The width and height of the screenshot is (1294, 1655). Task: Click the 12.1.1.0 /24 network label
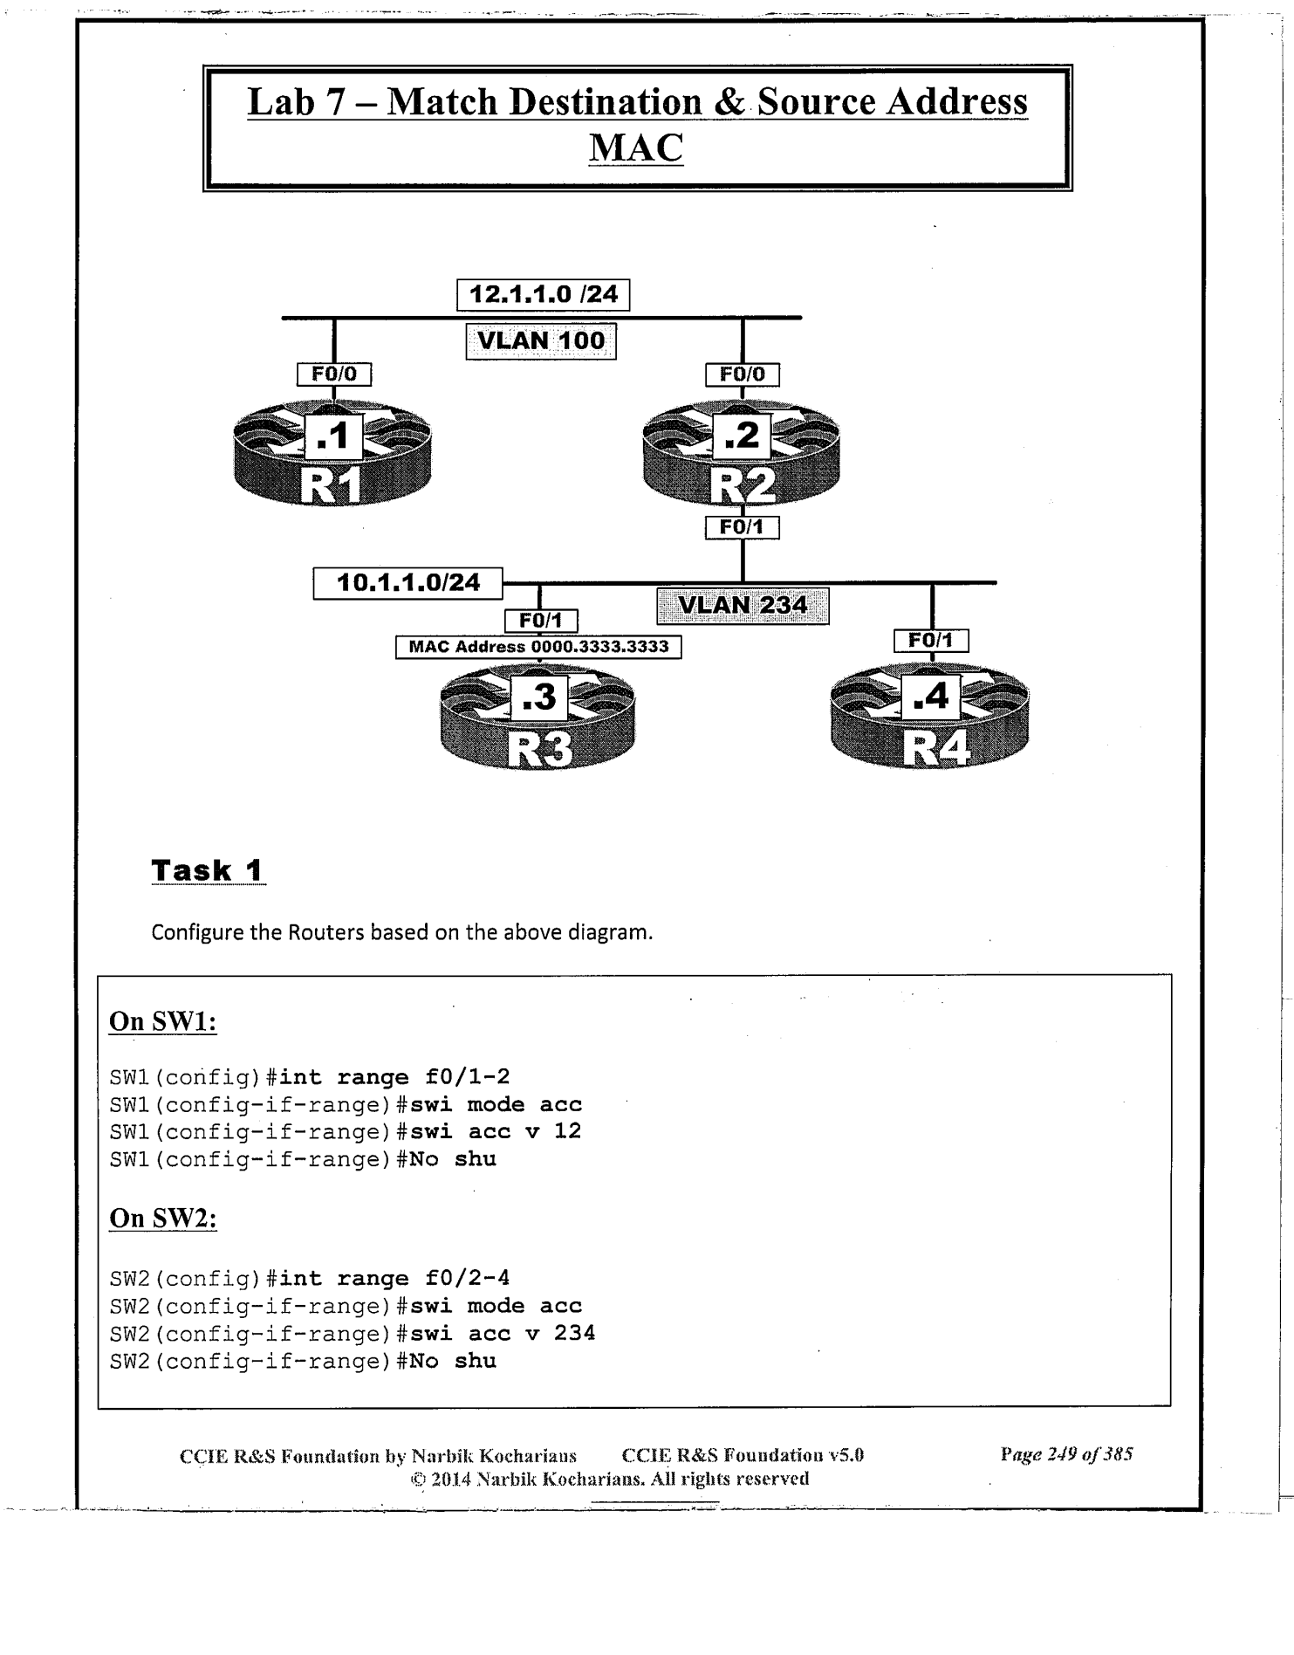(543, 295)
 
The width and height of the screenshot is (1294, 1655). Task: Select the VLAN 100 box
(541, 340)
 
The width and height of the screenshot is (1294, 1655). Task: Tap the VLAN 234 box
(742, 606)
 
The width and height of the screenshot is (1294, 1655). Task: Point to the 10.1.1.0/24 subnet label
(407, 583)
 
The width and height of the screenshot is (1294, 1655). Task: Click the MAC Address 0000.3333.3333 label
(538, 647)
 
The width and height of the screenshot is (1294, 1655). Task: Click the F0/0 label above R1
(334, 374)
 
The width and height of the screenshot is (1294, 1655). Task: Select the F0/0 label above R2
(742, 374)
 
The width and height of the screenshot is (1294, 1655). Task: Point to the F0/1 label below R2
(742, 528)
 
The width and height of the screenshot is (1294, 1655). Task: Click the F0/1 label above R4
(931, 641)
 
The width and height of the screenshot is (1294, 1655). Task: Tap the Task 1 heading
(208, 870)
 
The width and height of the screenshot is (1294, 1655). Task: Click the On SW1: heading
(162, 1021)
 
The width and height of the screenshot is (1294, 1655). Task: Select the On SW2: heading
(162, 1218)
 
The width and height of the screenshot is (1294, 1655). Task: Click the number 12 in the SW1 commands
(567, 1131)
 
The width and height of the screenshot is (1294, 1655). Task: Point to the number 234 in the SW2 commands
(574, 1333)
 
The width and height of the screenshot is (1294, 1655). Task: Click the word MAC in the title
(636, 148)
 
